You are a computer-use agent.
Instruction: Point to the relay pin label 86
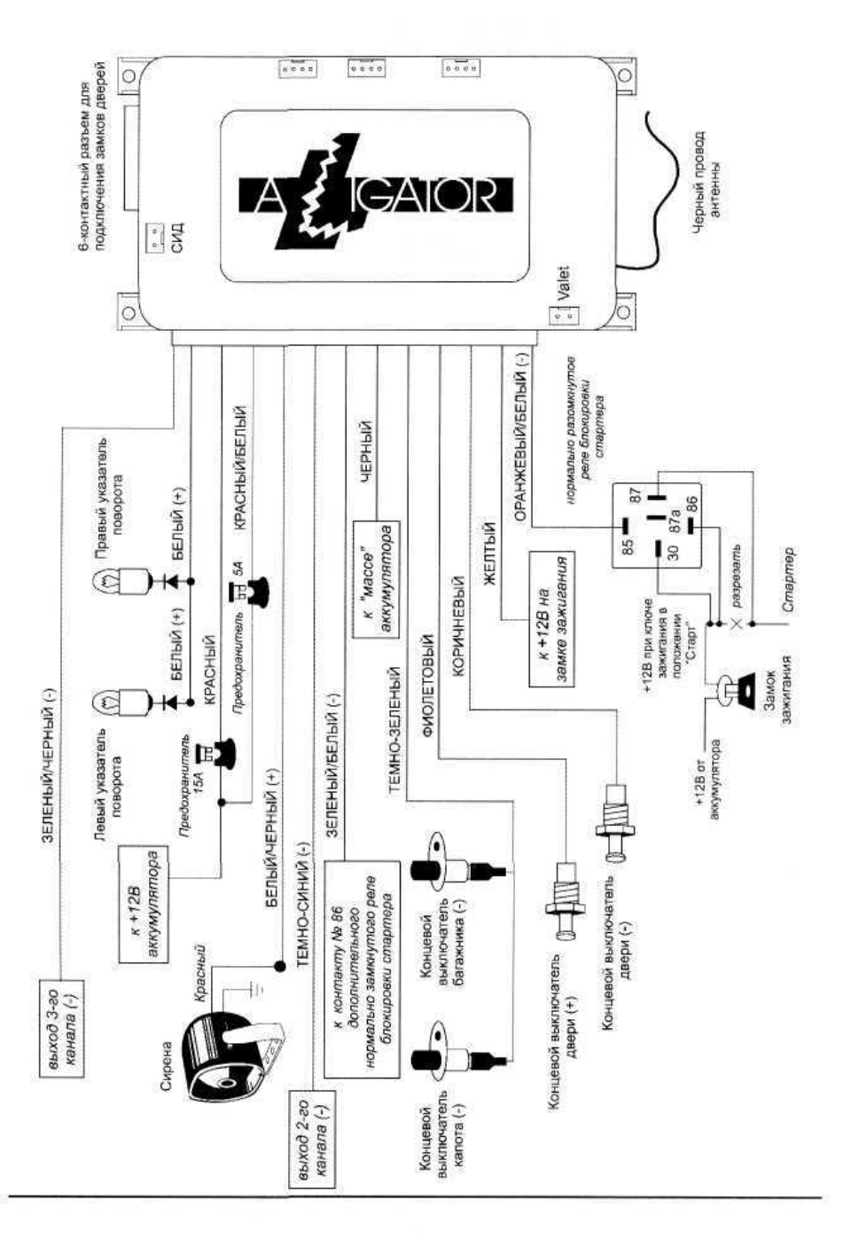[x=691, y=503]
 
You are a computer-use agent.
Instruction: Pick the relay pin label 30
[x=674, y=553]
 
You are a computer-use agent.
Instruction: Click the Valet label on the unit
[x=563, y=283]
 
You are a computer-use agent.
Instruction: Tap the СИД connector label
[x=176, y=236]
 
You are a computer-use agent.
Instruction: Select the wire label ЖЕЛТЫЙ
[x=489, y=553]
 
